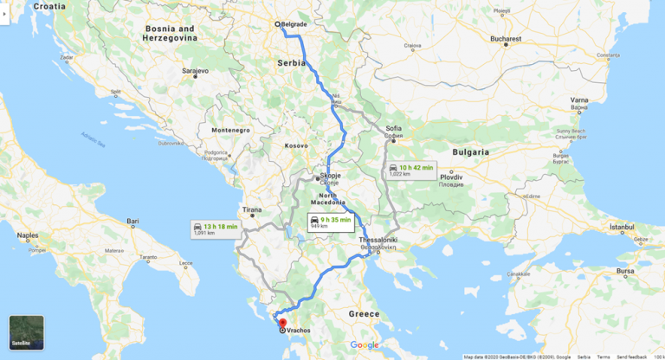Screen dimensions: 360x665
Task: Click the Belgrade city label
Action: pyautogui.click(x=295, y=24)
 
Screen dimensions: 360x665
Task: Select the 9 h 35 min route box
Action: pyautogui.click(x=331, y=222)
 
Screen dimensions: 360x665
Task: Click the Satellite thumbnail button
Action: pyautogui.click(x=26, y=332)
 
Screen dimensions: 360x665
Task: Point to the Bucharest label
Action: pyautogui.click(x=505, y=39)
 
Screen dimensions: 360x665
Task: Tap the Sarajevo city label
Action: pyautogui.click(x=195, y=70)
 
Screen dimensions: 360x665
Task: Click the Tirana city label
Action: pyautogui.click(x=252, y=209)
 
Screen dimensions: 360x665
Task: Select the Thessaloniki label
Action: pyautogui.click(x=378, y=239)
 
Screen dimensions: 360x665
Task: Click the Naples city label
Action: pyautogui.click(x=29, y=235)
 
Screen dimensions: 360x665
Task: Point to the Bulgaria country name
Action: pyautogui.click(x=471, y=151)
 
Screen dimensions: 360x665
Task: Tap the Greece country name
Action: pyautogui.click(x=365, y=313)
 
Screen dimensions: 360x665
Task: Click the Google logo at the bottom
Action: pyautogui.click(x=365, y=344)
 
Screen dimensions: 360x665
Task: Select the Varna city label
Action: pyautogui.click(x=579, y=100)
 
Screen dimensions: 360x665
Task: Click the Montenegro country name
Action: pyautogui.click(x=230, y=130)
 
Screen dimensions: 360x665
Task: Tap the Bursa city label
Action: pyautogui.click(x=624, y=271)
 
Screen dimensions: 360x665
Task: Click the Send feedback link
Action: pyautogui.click(x=631, y=357)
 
